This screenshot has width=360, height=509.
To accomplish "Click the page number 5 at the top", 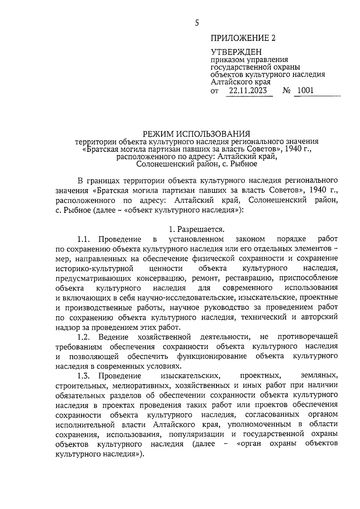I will point(197,23).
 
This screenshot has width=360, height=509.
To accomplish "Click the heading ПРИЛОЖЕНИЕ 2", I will point(243,38).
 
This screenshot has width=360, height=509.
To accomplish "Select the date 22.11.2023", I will point(248,90).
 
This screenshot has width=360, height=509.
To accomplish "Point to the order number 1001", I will point(306,90).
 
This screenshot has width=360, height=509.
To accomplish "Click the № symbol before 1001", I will point(287,90).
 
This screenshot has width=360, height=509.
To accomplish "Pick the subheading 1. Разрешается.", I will point(196,229).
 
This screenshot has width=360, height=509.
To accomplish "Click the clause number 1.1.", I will point(84,239).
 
